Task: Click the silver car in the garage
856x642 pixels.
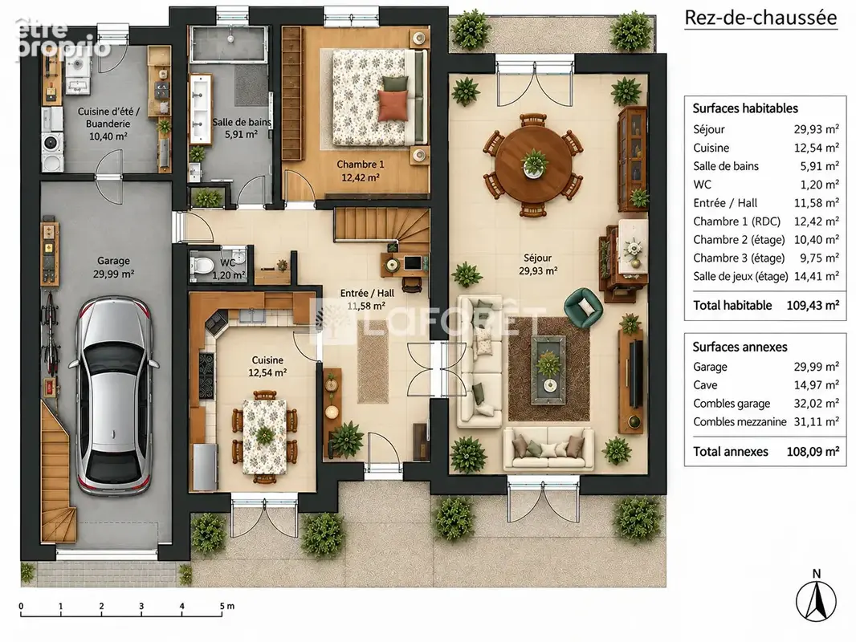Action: point(115,392)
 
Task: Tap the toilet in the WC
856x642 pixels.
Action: point(202,266)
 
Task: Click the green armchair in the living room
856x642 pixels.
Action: point(584,307)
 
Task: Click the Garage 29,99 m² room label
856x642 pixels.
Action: point(113,267)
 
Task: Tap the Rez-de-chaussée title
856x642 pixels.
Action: point(760,18)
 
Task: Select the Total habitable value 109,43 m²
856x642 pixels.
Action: point(813,306)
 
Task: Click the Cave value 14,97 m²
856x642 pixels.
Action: point(816,385)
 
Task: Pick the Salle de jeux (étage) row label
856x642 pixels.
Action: point(740,277)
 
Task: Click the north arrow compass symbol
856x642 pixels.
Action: point(816,600)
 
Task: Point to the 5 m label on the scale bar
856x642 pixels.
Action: point(227,606)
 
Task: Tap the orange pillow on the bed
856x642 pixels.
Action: point(393,105)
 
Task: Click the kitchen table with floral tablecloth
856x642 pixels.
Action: point(265,436)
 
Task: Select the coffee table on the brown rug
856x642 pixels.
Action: point(548,364)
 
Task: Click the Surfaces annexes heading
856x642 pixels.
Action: point(740,347)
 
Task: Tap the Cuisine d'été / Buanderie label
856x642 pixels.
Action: point(108,118)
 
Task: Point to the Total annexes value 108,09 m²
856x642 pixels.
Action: point(813,452)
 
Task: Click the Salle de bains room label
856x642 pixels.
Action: point(242,128)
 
